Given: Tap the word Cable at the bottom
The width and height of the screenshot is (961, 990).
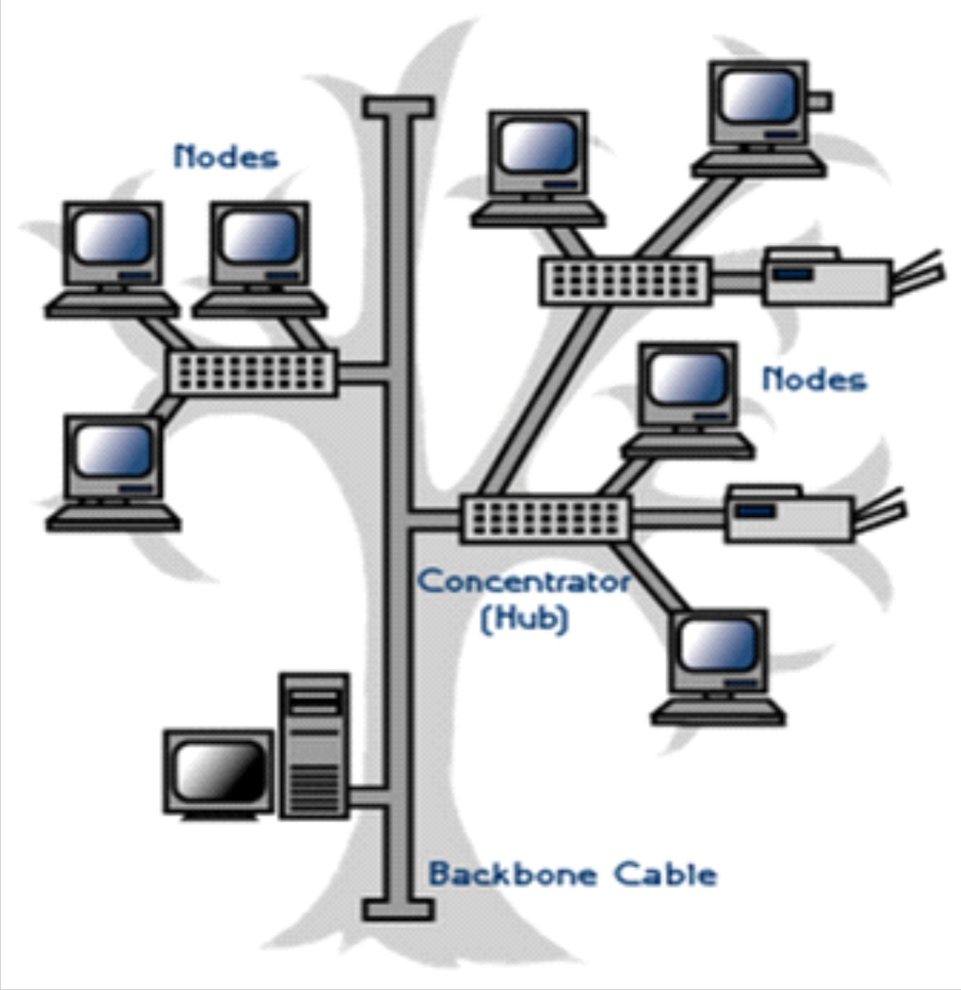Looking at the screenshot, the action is coord(665,874).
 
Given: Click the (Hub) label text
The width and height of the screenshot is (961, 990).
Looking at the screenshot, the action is coord(524,619).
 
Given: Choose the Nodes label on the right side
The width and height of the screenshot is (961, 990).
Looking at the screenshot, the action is coord(813,379).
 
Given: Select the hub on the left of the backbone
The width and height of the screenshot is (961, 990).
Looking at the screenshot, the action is coord(252,373).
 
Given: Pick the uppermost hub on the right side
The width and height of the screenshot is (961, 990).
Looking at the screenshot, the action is coord(625,281).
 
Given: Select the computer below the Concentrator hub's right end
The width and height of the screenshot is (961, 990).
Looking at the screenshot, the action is coord(718,667).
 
